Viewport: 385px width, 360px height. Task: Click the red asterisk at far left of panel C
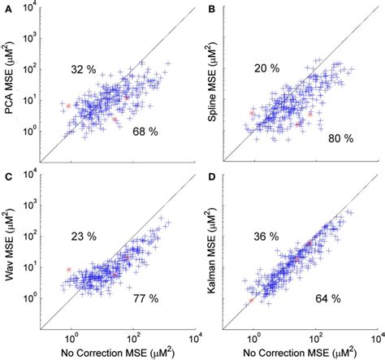coord(69,269)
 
